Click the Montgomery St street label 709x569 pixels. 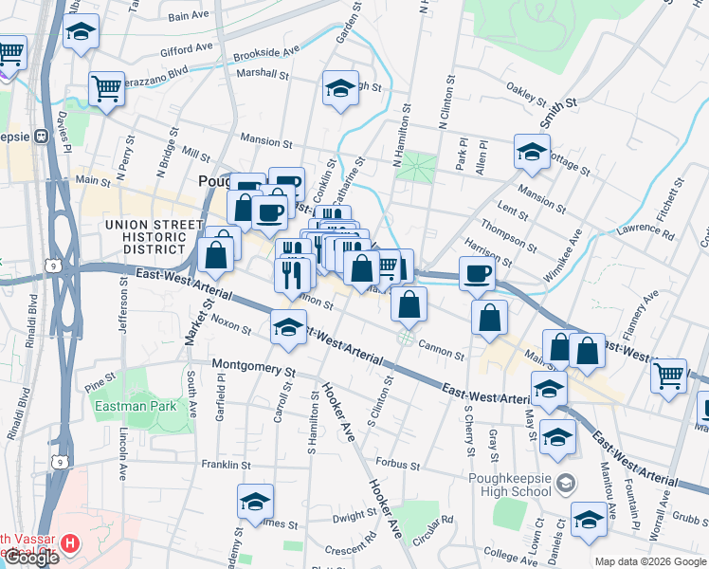point(254,367)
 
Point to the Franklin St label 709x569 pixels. point(226,466)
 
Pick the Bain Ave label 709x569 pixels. point(188,16)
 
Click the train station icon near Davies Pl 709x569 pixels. point(42,137)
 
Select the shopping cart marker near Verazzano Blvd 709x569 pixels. point(107,89)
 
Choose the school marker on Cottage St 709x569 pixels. point(532,151)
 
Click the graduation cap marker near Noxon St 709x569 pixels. point(288,327)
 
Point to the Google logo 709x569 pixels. point(30,559)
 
